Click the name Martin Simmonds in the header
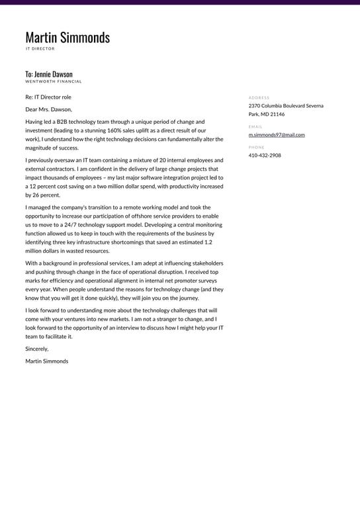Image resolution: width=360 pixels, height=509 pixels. (67, 38)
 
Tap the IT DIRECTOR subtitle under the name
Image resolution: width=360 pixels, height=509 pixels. (40, 49)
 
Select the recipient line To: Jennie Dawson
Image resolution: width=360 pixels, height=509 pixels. (49, 74)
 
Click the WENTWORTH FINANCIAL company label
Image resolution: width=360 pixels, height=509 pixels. (54, 82)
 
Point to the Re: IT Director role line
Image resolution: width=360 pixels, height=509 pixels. (48, 97)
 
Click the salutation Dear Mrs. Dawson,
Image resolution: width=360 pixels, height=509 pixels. (48, 109)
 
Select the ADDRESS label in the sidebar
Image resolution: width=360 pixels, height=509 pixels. (259, 98)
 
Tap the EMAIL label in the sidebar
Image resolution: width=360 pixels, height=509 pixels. (255, 126)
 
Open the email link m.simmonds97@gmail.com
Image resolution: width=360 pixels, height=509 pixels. (277, 134)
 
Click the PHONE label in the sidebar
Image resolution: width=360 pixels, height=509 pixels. (256, 147)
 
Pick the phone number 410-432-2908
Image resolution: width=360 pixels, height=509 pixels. (265, 156)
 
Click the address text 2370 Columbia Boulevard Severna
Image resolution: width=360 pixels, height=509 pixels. (286, 106)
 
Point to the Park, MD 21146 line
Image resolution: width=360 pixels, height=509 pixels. (267, 114)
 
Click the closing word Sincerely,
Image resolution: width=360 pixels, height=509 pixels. (37, 349)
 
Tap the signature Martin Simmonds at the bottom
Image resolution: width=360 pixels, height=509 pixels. (46, 361)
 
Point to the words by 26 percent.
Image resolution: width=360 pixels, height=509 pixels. (42, 195)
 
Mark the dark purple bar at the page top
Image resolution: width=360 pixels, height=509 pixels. (180, 2)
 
